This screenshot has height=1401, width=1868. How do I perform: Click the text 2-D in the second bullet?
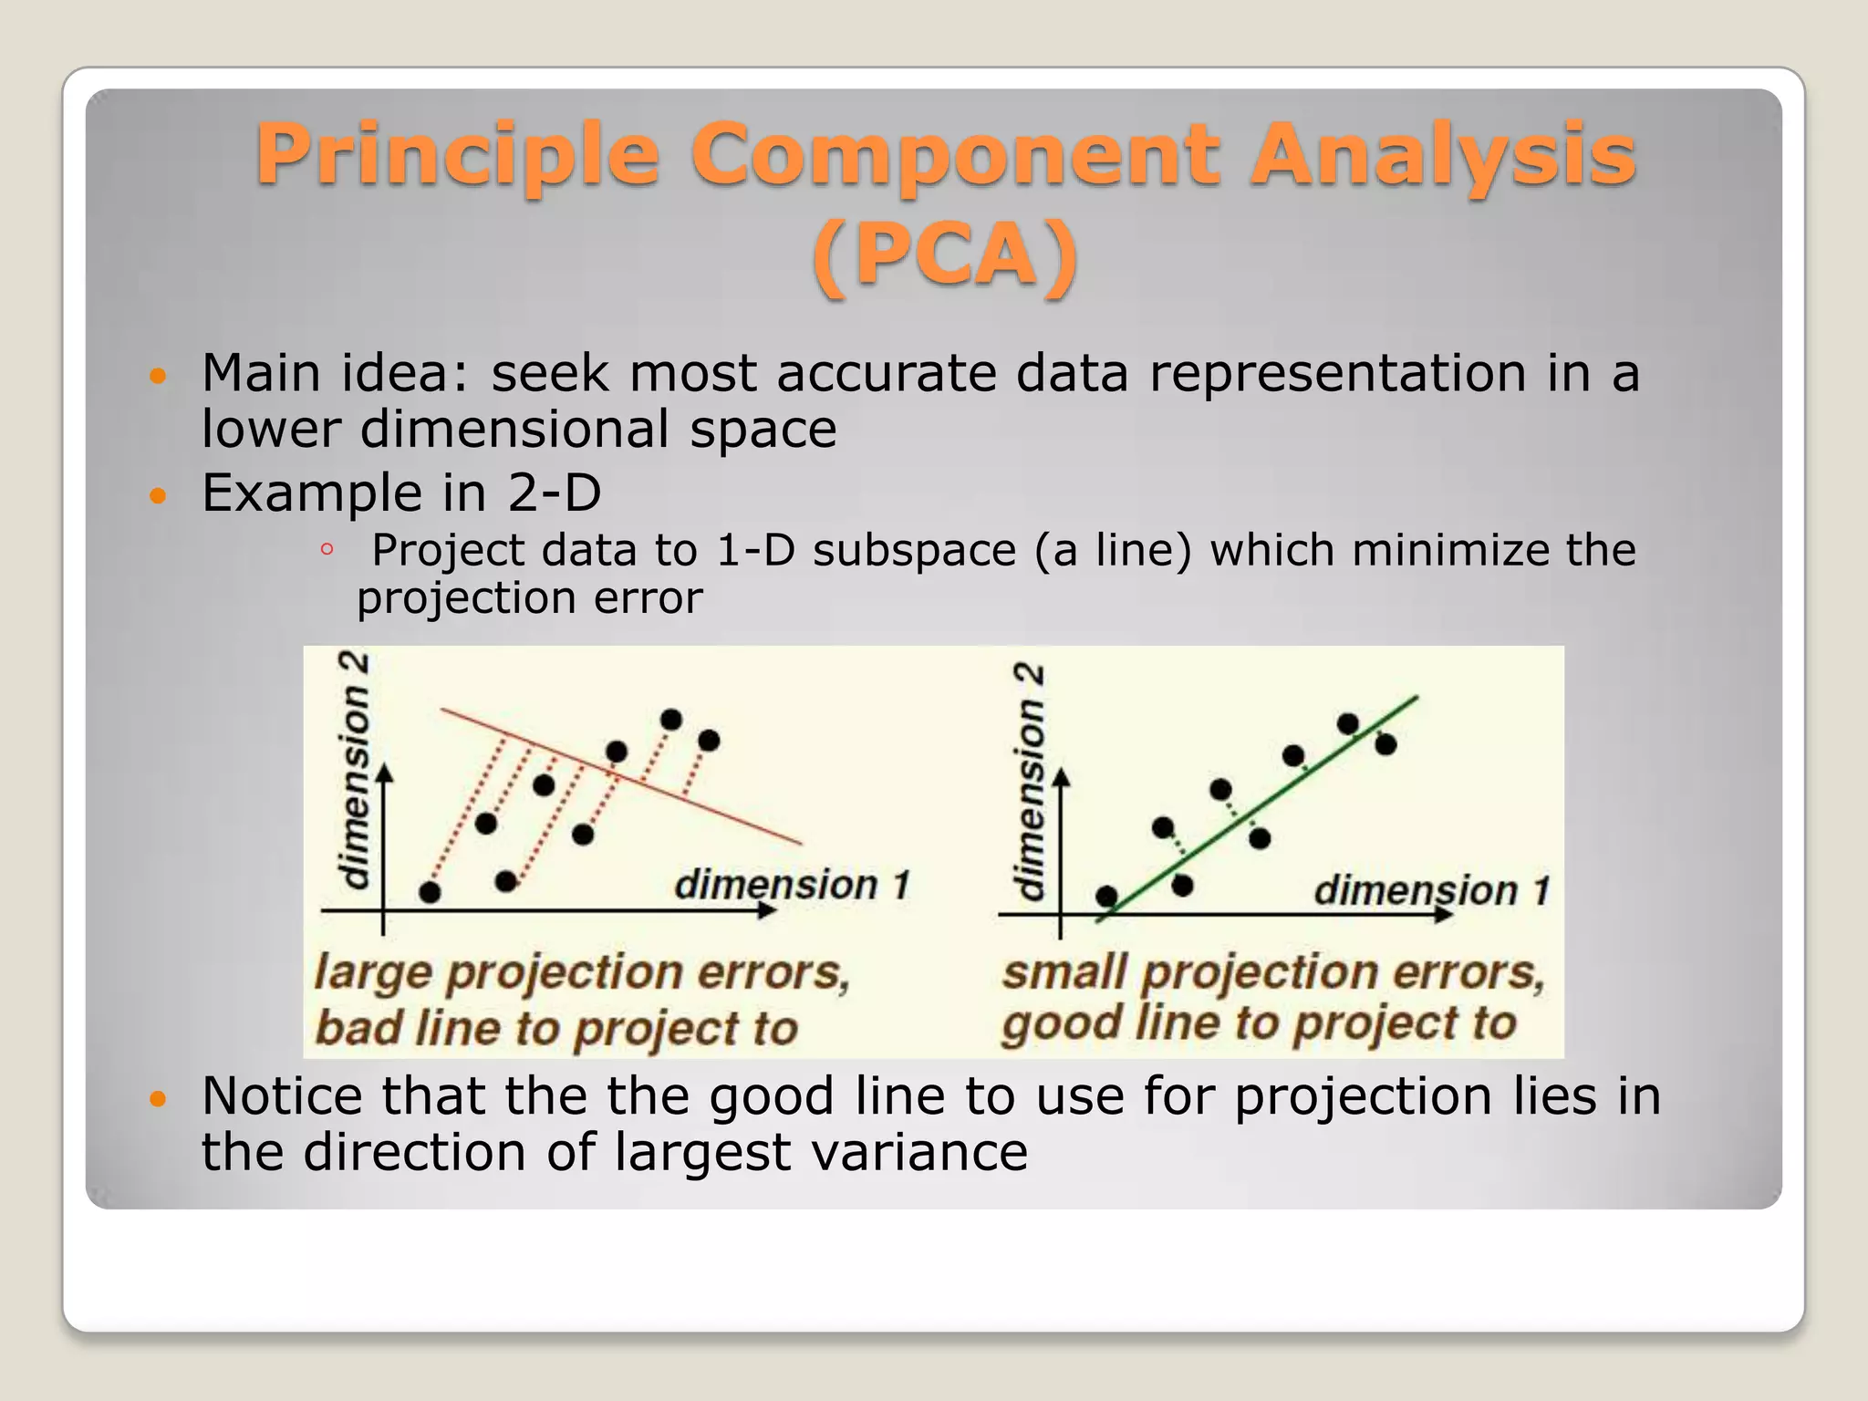click(x=554, y=493)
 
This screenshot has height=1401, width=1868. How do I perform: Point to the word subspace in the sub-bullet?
click(x=914, y=551)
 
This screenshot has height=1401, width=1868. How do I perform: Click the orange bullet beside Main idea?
click(x=159, y=376)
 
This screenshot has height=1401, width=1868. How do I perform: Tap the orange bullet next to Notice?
click(x=159, y=1098)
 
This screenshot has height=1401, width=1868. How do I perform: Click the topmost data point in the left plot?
click(x=670, y=720)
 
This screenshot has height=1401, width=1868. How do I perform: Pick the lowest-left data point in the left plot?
click(x=430, y=892)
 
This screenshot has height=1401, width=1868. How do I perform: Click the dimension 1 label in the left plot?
click(x=792, y=885)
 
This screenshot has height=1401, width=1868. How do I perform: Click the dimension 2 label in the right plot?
click(x=1031, y=783)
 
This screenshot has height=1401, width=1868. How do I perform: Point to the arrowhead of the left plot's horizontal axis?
click(x=766, y=910)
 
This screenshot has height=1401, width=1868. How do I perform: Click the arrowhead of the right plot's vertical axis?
click(x=1060, y=778)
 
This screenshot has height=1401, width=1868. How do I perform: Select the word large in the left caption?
click(x=372, y=972)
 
